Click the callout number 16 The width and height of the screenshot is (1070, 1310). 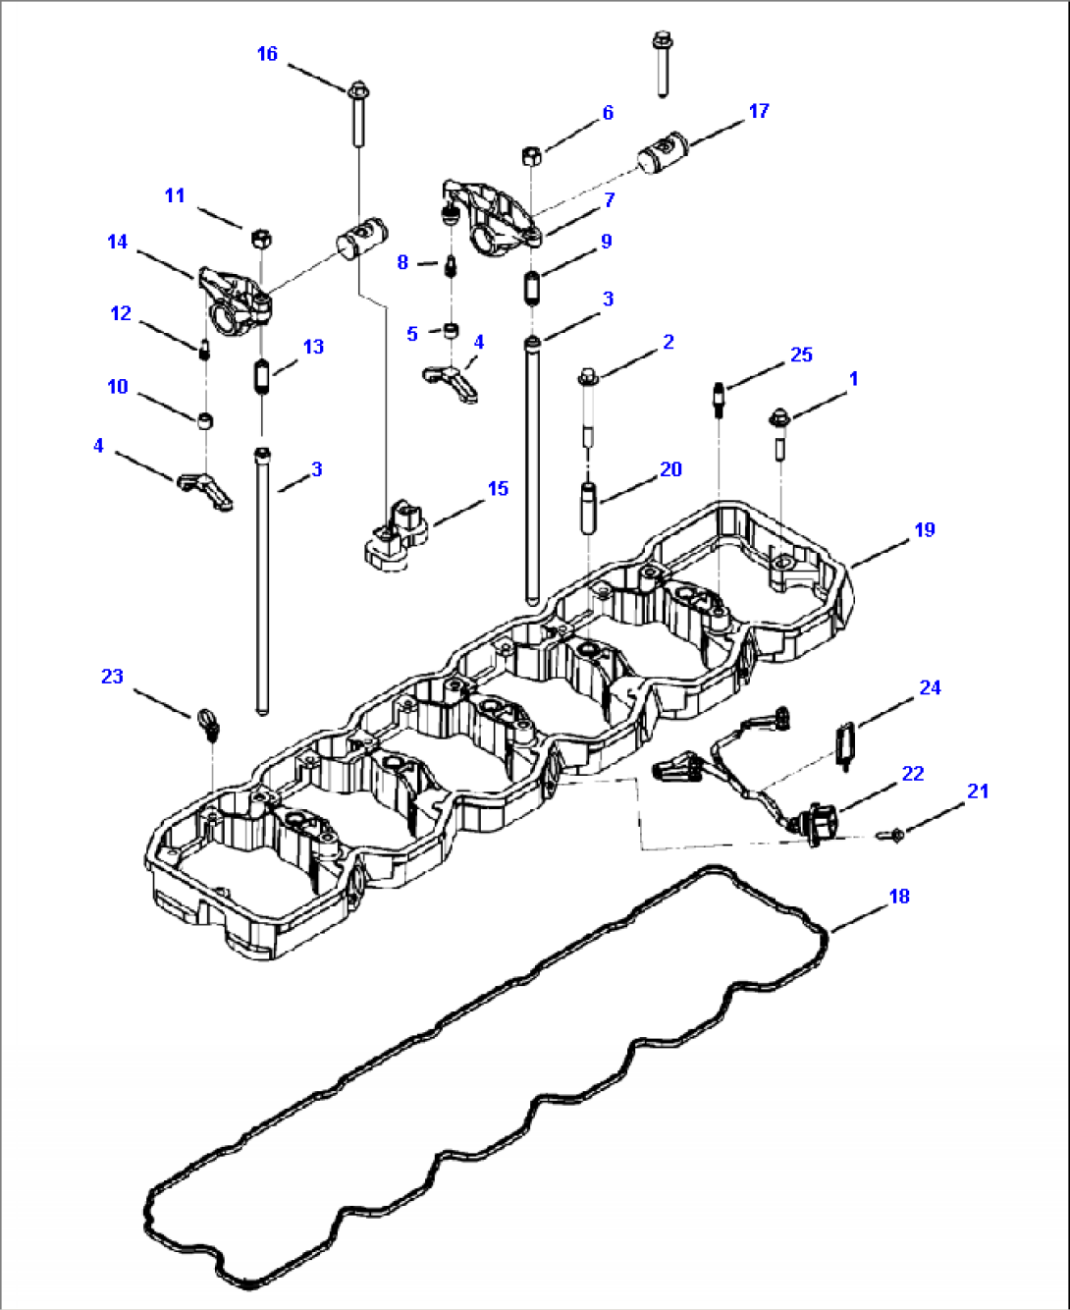tap(267, 54)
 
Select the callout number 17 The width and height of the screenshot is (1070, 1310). tap(759, 111)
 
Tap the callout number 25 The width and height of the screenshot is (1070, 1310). tap(801, 355)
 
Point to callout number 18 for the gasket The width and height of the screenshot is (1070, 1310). tap(899, 896)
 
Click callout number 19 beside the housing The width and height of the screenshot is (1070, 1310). tap(925, 530)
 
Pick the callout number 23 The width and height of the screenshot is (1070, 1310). tap(113, 676)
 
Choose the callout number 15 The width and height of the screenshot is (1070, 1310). tap(498, 488)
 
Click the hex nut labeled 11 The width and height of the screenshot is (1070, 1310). tap(261, 237)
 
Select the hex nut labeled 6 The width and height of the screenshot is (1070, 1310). tap(529, 154)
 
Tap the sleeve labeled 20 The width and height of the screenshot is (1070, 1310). tap(589, 506)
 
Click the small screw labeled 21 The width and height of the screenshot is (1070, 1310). tap(895, 835)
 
